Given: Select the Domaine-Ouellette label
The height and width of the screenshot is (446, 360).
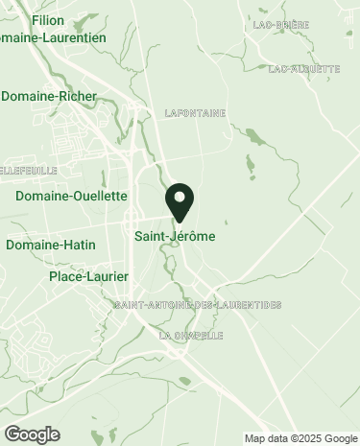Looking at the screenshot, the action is (x=72, y=196).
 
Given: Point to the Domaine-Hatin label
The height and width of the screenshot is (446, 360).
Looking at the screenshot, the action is (x=50, y=245).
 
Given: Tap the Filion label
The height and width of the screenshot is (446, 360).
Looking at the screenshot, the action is (x=47, y=20).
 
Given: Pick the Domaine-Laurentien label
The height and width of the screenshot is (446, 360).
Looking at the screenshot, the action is (x=54, y=37).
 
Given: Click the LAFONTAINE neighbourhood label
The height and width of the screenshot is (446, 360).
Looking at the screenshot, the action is (x=195, y=113).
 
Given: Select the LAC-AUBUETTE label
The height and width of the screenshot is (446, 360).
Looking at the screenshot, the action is (x=303, y=69).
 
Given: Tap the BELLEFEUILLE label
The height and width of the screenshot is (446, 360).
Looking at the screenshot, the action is (x=29, y=170).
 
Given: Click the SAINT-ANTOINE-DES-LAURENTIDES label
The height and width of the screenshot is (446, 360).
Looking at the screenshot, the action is (x=197, y=305).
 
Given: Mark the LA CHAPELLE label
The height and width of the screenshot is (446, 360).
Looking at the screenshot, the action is (x=191, y=336).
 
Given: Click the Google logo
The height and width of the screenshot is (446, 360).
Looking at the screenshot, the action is (x=32, y=434).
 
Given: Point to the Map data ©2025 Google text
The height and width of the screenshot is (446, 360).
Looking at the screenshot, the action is (x=299, y=438).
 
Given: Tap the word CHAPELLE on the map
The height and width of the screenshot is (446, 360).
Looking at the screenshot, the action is (x=199, y=336).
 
